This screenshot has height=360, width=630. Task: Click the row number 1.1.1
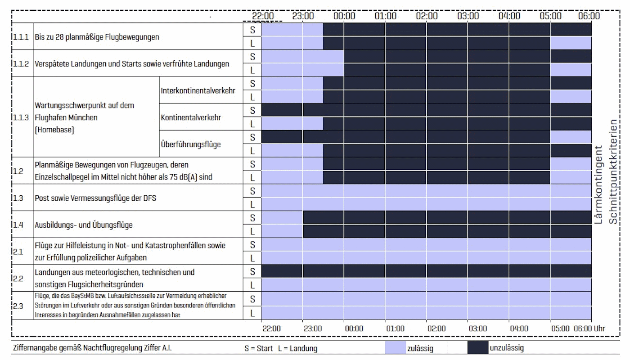pos(21,37)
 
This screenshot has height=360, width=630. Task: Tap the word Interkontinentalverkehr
pos(198,90)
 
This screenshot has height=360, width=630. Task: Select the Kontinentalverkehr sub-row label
pos(191,117)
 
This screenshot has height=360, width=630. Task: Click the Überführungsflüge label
pos(191,144)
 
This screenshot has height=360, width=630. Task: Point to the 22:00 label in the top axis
pos(262,16)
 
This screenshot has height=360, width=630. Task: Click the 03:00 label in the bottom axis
pos(478,328)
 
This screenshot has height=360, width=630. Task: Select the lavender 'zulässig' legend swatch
pos(395,348)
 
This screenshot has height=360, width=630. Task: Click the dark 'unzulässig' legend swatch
pos(477,348)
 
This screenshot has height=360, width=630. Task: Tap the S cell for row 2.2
pos(252,272)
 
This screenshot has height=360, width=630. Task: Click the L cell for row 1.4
pos(252,231)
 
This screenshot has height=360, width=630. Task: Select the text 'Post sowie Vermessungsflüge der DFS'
pos(95,198)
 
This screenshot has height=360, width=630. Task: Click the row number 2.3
pos(18,306)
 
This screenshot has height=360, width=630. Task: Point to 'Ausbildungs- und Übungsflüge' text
pos(84,225)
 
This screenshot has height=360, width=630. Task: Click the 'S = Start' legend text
pos(258,348)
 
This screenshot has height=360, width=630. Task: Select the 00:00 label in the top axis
pos(345,16)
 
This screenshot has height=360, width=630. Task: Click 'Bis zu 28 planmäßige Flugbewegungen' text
pos(97,37)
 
